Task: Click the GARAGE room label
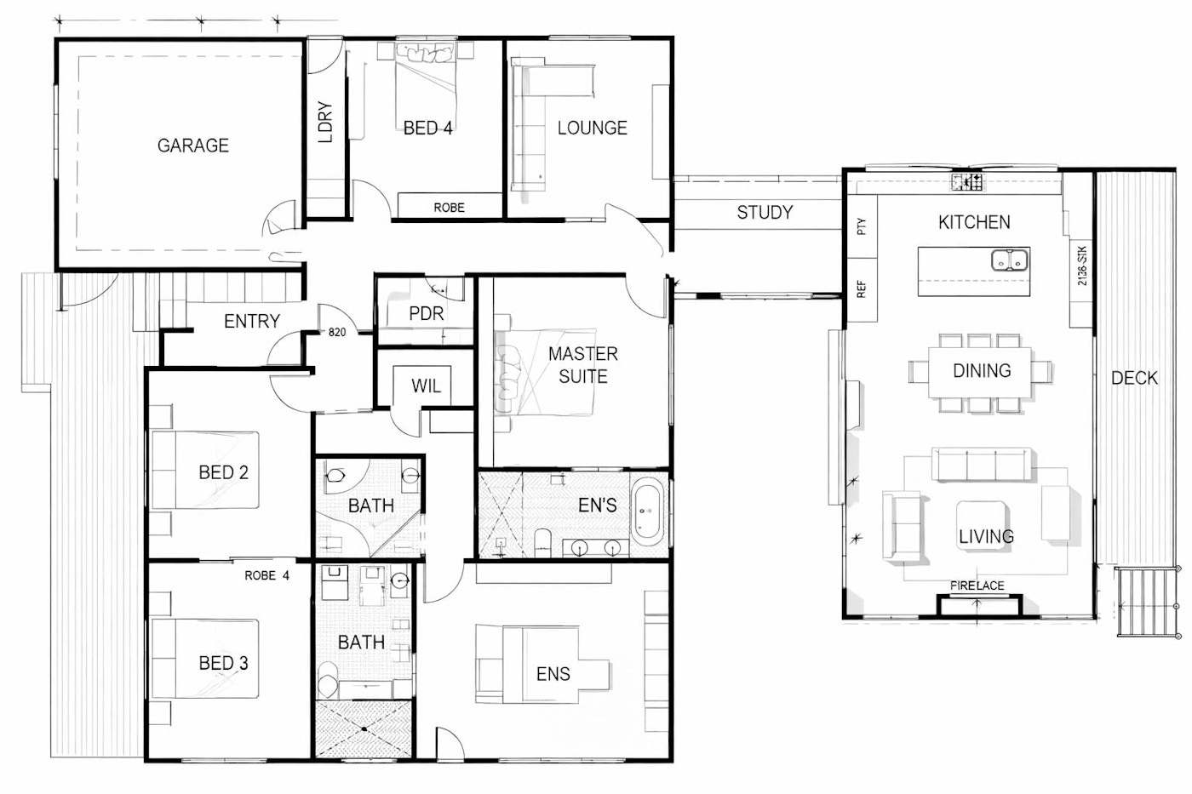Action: tap(193, 146)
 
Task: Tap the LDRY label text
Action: tap(324, 122)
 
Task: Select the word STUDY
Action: tap(765, 213)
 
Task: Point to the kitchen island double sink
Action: tap(1009, 260)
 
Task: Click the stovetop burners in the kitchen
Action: tap(968, 182)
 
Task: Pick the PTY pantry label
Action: tap(862, 226)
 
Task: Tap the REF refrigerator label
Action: tap(862, 289)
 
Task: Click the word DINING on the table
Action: tap(982, 371)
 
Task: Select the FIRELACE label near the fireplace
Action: tap(977, 586)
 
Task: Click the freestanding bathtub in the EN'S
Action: tap(648, 511)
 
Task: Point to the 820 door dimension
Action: tap(337, 333)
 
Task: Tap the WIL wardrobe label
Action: tap(426, 386)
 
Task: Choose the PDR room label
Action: tap(427, 314)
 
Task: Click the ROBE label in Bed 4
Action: tap(450, 208)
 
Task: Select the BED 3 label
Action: tap(223, 663)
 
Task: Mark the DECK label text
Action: tap(1134, 378)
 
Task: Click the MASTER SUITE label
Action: tap(583, 365)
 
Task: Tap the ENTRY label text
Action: tap(252, 321)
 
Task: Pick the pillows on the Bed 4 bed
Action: tap(426, 53)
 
